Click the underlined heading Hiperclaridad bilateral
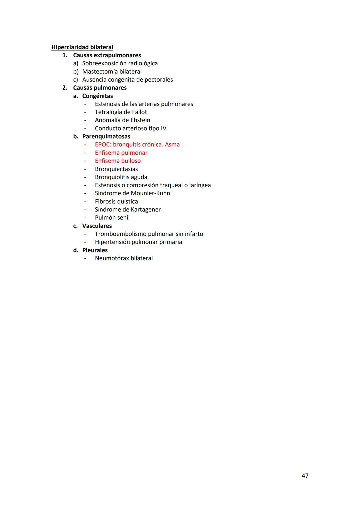(82, 47)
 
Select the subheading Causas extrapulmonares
(107, 55)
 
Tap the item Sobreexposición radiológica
(120, 63)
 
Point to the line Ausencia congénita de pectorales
(127, 80)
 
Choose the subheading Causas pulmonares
(100, 88)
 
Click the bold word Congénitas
(97, 96)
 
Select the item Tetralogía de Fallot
(121, 112)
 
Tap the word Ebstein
(140, 120)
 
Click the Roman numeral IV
(163, 128)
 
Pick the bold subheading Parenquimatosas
(106, 136)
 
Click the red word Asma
(172, 145)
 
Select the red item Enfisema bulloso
(118, 161)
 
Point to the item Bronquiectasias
(116, 169)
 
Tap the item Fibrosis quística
(116, 201)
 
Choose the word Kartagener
(146, 209)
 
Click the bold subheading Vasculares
(97, 226)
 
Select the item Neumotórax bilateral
(124, 258)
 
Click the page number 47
(305, 476)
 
